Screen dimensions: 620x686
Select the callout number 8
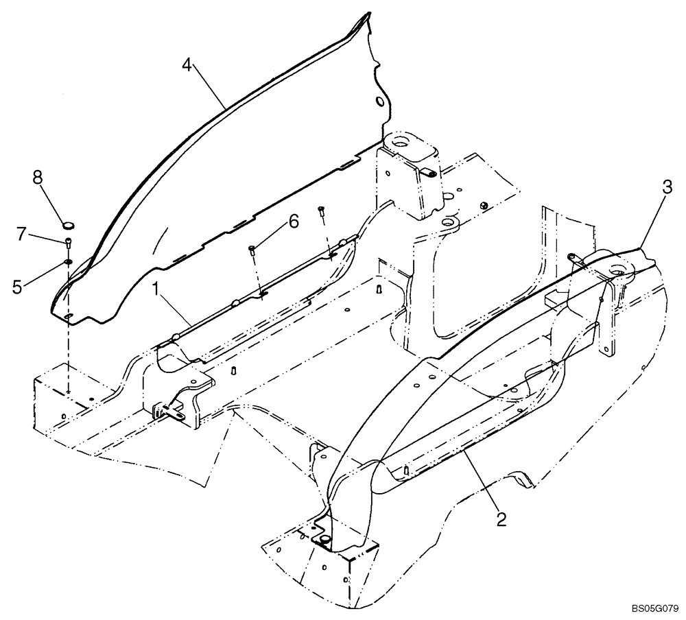[38, 178]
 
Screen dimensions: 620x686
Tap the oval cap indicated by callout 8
[69, 224]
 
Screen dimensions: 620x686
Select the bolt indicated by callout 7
[69, 241]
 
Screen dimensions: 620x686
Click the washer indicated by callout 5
[69, 261]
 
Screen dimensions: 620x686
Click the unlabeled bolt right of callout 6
[321, 212]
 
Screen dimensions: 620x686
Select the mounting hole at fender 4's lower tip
[69, 315]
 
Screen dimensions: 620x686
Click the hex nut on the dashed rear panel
[484, 205]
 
